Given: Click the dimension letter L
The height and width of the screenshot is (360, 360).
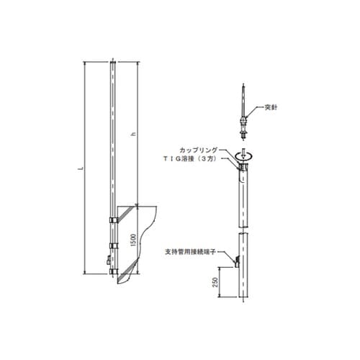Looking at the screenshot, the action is coord(81,168).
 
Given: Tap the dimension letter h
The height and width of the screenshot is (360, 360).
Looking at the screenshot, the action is coord(134,134).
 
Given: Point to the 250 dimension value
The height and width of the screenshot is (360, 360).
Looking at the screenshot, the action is coord(215,282).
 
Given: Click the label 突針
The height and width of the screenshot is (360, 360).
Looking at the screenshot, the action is coord(271,107).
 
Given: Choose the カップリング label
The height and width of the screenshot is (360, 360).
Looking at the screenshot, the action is coord(198,150).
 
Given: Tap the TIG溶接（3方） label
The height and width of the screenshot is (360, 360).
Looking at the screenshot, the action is coord(189,158).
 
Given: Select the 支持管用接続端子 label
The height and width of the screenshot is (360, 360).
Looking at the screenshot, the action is coord(191,251).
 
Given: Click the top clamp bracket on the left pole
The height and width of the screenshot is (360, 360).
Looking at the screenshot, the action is coord(113,220).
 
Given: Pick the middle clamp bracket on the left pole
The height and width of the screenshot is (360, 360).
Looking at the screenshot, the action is coord(113,246).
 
